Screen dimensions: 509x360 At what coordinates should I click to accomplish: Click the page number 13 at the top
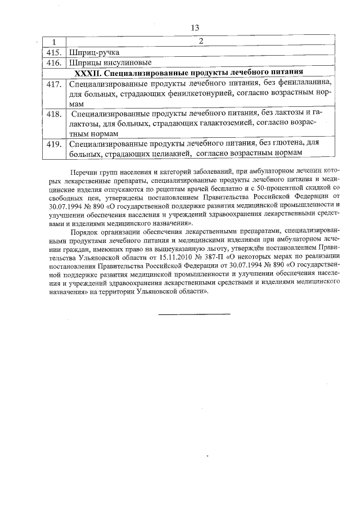[x=195, y=28]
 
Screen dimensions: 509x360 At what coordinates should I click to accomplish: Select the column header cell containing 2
[x=200, y=42]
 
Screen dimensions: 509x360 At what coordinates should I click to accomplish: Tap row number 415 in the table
[x=53, y=52]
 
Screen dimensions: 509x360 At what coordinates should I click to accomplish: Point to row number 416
[x=53, y=62]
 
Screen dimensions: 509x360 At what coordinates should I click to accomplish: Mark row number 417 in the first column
[x=53, y=84]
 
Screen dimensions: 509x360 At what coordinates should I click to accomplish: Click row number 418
[x=53, y=114]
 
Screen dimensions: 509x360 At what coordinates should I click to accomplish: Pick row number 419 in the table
[x=53, y=144]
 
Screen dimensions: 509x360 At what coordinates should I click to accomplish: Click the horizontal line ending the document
[x=194, y=313]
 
